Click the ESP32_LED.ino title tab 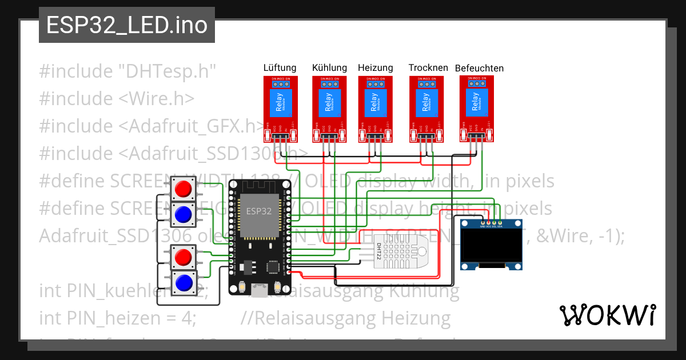[x=126, y=25]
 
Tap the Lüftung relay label [x=280, y=67]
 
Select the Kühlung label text [x=329, y=67]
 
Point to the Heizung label [x=376, y=67]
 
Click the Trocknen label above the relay [x=428, y=67]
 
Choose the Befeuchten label [x=479, y=68]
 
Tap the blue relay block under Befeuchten [x=476, y=104]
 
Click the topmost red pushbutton [x=183, y=188]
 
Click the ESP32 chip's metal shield [x=258, y=215]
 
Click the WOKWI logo [x=608, y=314]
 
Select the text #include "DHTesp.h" [x=127, y=71]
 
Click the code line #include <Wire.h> [x=117, y=98]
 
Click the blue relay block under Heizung [x=376, y=104]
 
